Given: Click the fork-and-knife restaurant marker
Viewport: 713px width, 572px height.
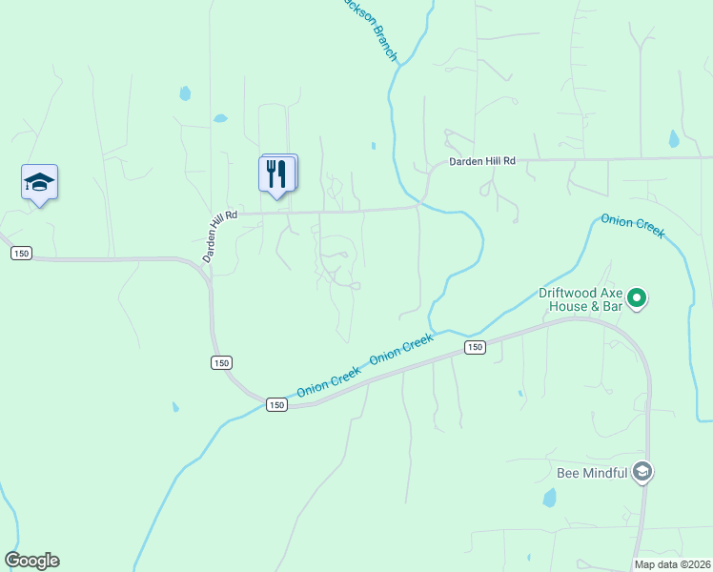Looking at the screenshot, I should tap(277, 174).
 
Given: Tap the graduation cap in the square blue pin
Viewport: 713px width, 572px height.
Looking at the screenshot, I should tap(39, 182).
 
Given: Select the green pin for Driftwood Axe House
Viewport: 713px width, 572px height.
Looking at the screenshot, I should tap(640, 299).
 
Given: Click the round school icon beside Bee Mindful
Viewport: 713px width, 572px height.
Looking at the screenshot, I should tap(643, 472).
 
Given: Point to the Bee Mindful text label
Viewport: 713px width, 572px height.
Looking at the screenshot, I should tap(591, 473).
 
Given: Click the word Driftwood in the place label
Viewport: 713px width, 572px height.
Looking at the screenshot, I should tap(569, 294).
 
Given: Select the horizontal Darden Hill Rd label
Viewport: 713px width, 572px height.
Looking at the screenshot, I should tap(482, 162).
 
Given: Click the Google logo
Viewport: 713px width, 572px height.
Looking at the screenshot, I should tap(31, 561).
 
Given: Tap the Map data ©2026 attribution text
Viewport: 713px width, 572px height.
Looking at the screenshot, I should tap(671, 564).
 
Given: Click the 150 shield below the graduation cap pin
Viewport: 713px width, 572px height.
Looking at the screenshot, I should tap(21, 253).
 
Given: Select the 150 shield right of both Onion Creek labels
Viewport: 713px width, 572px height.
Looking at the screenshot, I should tap(475, 348).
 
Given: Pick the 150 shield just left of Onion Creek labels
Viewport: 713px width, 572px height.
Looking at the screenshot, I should tap(275, 404).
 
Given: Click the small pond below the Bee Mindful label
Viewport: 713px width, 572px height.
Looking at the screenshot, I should tap(549, 498).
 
